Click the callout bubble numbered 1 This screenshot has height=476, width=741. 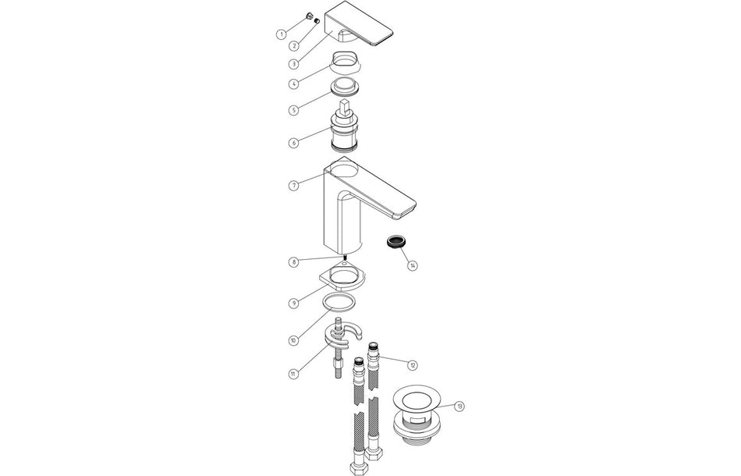(281, 34)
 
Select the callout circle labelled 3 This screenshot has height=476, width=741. (292, 64)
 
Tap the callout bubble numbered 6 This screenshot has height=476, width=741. (292, 143)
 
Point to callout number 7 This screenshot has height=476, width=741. (292, 186)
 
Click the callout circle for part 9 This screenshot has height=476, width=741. (292, 302)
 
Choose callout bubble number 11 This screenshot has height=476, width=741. (292, 374)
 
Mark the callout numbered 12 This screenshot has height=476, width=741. (412, 364)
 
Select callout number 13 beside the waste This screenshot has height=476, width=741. (459, 406)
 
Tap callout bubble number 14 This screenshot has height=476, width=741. (412, 265)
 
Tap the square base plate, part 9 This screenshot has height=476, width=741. (341, 278)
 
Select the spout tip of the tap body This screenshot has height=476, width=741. (409, 211)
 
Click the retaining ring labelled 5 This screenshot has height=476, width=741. (342, 86)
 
